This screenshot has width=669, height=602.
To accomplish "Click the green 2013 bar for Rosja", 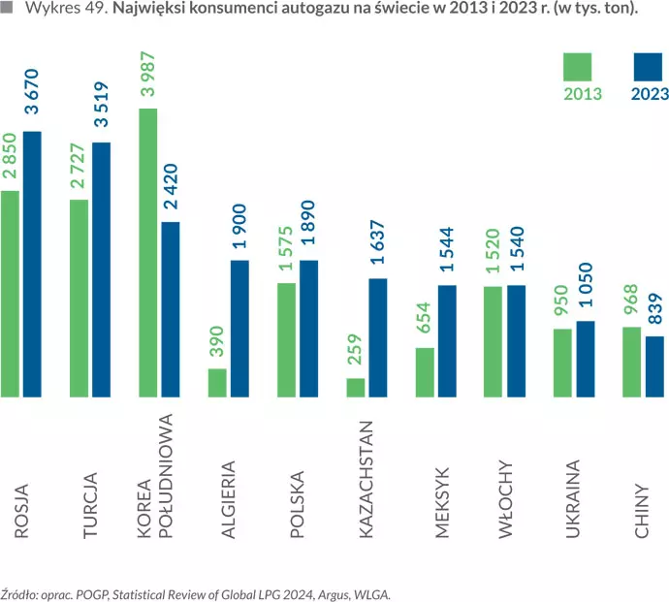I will pyautogui.click(x=10, y=294).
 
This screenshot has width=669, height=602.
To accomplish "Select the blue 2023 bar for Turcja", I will pyautogui.click(x=101, y=269).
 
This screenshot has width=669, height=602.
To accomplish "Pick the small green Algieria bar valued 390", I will pyautogui.click(x=217, y=382).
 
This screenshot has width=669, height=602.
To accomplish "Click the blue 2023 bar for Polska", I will pyautogui.click(x=308, y=329).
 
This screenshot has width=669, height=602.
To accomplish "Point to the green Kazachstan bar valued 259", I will pyautogui.click(x=355, y=387).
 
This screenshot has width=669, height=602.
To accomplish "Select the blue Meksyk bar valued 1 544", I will pyautogui.click(x=447, y=341).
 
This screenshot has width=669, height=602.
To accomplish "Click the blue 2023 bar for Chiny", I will pyautogui.click(x=654, y=366).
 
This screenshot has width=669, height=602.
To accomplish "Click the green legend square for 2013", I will pyautogui.click(x=583, y=67).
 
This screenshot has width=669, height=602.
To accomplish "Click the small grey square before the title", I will pyautogui.click(x=7, y=9).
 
